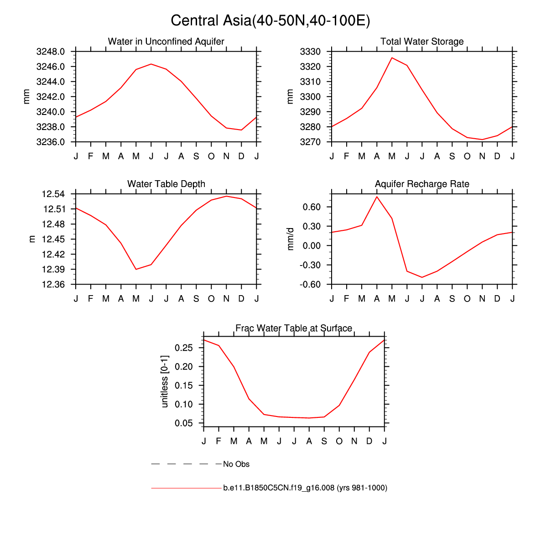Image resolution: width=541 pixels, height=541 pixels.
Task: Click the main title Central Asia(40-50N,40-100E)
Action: coord(270,21)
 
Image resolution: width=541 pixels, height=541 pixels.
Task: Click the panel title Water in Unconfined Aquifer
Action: coord(166,42)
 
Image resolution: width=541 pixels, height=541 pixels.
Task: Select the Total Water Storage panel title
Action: coord(422,42)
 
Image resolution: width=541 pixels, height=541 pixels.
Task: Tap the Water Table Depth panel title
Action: coord(166,184)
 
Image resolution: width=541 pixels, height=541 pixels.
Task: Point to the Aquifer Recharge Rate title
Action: coord(422,184)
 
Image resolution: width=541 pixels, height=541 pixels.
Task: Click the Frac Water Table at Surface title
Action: coord(294,328)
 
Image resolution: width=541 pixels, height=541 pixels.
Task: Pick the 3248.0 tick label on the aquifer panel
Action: coord(50,52)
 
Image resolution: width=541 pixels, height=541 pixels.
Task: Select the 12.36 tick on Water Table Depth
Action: coord(53,285)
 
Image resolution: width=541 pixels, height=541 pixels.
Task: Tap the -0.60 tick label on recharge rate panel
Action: coord(312,285)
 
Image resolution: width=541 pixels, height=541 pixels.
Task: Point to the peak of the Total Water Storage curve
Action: coord(392,58)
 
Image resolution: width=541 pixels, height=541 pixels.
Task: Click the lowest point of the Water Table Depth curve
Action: coord(136,269)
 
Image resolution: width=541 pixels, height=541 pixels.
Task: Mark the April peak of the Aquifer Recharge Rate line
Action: coord(377,197)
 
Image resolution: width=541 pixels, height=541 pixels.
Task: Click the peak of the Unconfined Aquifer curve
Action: coord(151,64)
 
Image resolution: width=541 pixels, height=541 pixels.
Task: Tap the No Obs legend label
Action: coord(236,464)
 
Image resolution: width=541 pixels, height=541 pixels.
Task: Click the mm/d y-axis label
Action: coord(291,239)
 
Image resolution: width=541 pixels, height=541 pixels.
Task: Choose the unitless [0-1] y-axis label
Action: coord(165,381)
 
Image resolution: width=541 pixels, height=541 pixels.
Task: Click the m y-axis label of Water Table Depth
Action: coord(32,239)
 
